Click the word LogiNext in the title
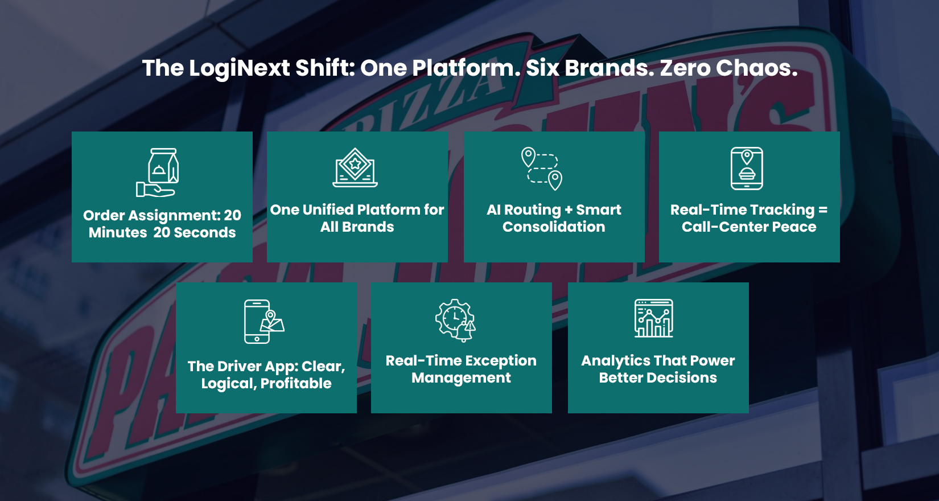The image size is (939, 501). [x=239, y=68]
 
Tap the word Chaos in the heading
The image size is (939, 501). [x=756, y=68]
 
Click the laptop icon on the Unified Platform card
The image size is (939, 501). [x=355, y=168]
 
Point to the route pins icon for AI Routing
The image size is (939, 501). [x=542, y=169]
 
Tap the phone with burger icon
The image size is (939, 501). [x=747, y=169]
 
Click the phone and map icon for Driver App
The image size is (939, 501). [x=263, y=322]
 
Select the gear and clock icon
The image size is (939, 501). [x=455, y=320]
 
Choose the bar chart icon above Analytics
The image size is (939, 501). [x=654, y=318]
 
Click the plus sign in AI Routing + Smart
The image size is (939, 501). [x=569, y=210]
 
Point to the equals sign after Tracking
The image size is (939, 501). [x=822, y=210]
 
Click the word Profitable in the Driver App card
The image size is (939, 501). [x=296, y=384]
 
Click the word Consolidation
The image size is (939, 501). [x=554, y=227]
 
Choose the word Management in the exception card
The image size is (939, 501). [x=461, y=378]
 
